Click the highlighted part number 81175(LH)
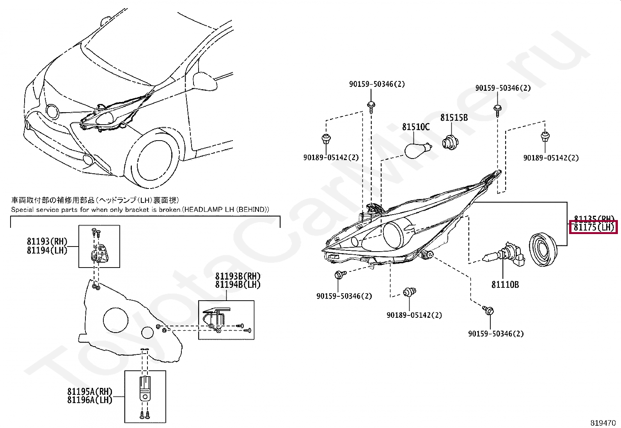(594, 227)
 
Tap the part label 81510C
(416, 127)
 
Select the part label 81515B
(454, 118)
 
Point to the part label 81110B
(505, 285)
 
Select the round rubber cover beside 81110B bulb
(543, 250)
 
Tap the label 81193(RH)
(47, 242)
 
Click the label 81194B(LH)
(238, 285)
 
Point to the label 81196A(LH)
(90, 400)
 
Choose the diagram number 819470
(603, 423)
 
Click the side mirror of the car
(204, 81)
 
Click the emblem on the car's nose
(52, 112)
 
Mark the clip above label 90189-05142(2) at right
(545, 137)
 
